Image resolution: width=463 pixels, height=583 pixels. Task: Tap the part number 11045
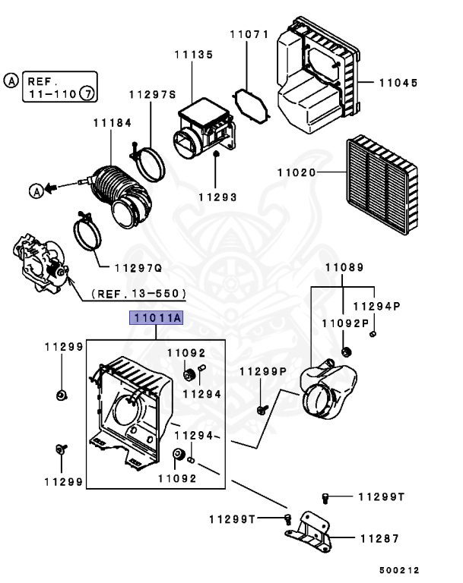click(398, 83)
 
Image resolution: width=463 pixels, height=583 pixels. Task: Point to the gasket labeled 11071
click(251, 106)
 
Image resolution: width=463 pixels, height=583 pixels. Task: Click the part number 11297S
click(152, 95)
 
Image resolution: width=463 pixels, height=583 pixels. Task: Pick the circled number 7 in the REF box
click(88, 93)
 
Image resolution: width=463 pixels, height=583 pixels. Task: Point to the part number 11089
click(344, 267)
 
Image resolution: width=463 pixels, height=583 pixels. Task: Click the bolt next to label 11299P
click(261, 409)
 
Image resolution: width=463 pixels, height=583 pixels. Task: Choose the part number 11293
click(217, 197)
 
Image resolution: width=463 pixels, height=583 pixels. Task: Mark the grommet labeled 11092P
click(347, 351)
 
